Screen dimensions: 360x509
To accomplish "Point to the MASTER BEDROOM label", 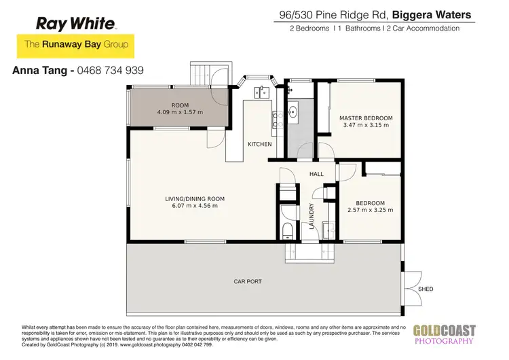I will pyautogui.click(x=366, y=118).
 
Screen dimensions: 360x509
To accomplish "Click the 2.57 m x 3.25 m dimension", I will pyautogui.click(x=370, y=210).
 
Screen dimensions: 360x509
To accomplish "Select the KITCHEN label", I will pyautogui.click(x=259, y=144).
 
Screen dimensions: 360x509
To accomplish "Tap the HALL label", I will pyautogui.click(x=316, y=174).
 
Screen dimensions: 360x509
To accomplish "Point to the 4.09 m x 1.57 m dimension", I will pyautogui.click(x=180, y=112).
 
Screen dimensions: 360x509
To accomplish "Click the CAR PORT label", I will pyautogui.click(x=248, y=281).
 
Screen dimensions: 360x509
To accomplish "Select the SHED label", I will pyautogui.click(x=426, y=289).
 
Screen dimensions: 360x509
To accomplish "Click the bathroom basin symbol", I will pyautogui.click(x=293, y=112).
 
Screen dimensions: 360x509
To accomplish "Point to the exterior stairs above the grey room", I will pyautogui.click(x=202, y=73).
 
